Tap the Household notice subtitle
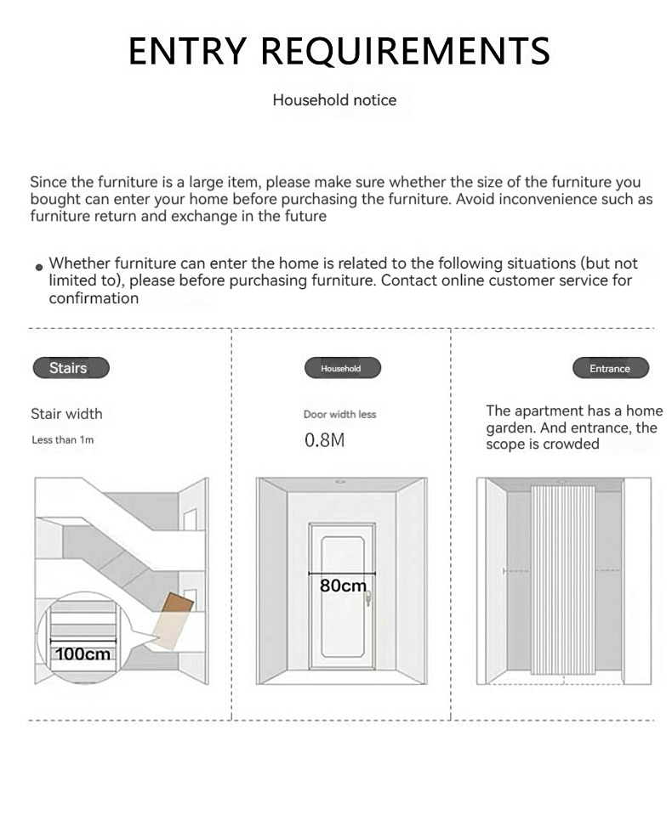click(334, 100)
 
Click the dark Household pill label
click(342, 368)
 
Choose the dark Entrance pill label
click(610, 368)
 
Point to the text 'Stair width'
click(66, 414)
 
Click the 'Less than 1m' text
click(62, 440)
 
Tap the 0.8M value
click(325, 441)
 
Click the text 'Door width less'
click(339, 415)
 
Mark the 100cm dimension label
click(84, 654)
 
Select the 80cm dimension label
click(343, 586)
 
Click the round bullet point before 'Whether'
click(38, 267)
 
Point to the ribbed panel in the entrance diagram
click(563, 578)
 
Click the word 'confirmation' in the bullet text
click(94, 298)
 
